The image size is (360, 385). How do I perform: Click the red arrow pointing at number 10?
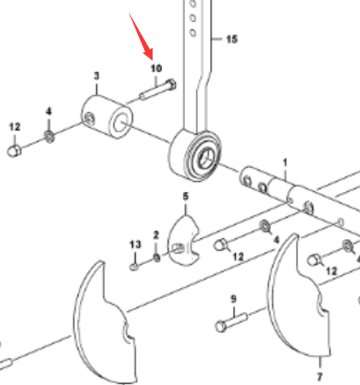(141, 37)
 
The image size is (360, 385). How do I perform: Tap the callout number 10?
(156, 68)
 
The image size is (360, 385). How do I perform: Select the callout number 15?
(232, 39)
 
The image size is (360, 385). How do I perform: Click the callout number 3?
(97, 76)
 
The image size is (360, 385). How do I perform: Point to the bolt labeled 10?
(157, 90)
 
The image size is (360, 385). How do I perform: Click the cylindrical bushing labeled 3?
(107, 117)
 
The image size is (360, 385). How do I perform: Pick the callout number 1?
(285, 163)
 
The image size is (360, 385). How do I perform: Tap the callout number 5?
(186, 197)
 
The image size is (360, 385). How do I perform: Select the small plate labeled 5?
(183, 240)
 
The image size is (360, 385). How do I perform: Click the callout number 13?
(135, 245)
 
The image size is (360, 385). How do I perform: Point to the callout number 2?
(156, 235)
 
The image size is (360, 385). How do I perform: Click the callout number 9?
(234, 299)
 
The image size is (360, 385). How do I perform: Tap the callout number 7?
(319, 377)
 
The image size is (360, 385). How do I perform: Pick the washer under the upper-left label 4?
(49, 136)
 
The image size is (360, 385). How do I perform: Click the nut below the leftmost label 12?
(14, 151)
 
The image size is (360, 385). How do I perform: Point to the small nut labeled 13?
(134, 267)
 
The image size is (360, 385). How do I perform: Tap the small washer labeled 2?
(157, 258)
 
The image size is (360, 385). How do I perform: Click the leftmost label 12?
(14, 127)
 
